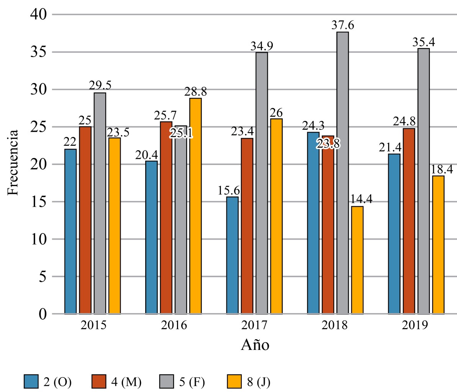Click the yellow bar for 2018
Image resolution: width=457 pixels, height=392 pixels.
point(357,260)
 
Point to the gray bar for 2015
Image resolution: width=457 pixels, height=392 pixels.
point(100,203)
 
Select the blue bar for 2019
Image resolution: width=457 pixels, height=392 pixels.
point(394,234)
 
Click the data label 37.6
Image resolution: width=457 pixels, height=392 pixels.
point(343,26)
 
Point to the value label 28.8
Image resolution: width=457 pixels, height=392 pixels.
point(195,92)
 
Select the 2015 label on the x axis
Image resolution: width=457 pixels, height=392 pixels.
point(93,326)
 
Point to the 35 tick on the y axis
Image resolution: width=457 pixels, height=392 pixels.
point(38,52)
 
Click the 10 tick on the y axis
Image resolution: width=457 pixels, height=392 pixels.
point(38,239)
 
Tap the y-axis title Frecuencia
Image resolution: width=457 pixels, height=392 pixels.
point(14,163)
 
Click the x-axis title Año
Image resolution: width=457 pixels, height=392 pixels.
point(255,345)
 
